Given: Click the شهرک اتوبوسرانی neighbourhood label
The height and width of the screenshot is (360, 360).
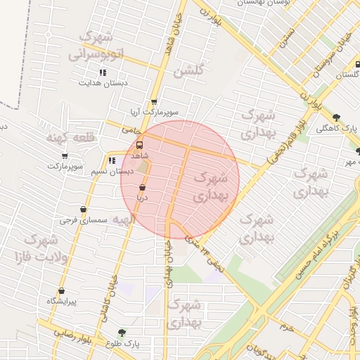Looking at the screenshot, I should (x=98, y=44).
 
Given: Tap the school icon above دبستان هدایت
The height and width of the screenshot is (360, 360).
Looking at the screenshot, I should (x=103, y=72).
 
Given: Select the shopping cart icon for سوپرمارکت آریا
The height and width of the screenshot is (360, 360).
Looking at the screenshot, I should (x=154, y=102).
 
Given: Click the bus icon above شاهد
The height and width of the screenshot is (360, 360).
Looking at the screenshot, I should (x=139, y=146).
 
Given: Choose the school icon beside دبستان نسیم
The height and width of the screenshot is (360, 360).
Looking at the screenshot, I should (x=112, y=161).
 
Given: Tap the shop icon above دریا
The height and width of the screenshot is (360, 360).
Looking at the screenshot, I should (x=143, y=188).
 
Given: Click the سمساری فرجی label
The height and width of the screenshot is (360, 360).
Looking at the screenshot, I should (x=83, y=220).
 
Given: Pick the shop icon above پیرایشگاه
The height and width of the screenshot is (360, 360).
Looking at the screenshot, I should (x=61, y=290).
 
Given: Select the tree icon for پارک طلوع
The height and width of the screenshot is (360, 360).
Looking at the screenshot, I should (x=122, y=332).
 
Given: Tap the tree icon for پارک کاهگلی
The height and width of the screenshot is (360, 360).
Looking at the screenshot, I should (x=337, y=117).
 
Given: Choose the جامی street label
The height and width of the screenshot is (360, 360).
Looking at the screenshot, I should (x=131, y=129).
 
